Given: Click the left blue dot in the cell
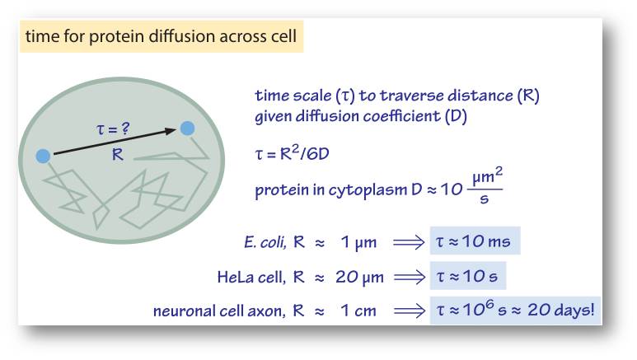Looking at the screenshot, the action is pos(43,156).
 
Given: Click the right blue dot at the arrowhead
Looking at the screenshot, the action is pos(187,128).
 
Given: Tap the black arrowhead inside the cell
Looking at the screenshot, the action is pos(171,131).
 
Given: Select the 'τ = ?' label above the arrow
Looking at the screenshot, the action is pos(113,129).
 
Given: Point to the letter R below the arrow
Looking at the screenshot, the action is pos(117,154).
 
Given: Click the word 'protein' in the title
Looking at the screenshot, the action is pos(116,36).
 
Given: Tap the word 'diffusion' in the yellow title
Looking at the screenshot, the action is pos(181,35).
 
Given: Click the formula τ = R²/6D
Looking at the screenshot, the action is pos(292,152).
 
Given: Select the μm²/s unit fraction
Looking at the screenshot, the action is pos(486,186).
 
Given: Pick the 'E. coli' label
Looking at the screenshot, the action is pos(265,242).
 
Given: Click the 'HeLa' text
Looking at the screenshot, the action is pos(235,277).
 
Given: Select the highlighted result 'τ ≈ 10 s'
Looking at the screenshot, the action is pos(466,276).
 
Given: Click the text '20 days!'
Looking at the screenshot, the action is pos(560,310).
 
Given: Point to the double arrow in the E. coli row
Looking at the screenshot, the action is pos(409,242).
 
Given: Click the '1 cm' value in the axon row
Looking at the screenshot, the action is pos(358,311).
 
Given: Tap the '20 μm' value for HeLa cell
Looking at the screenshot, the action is pos(359,278).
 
